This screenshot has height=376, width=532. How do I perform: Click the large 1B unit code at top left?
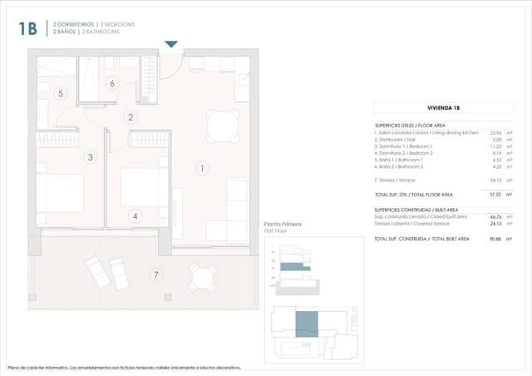coord(27,29)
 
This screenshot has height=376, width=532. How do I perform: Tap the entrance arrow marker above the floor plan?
coord(171,44)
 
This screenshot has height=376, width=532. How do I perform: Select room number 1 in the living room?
coord(200,168)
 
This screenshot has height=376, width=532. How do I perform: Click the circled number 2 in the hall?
coord(131,117)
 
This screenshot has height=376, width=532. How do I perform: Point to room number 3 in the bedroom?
coord(90,156)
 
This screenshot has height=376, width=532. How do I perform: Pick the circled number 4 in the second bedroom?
coord(135,216)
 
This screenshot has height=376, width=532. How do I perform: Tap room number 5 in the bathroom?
coord(61,93)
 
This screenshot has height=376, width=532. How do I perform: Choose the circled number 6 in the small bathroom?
coord(112,82)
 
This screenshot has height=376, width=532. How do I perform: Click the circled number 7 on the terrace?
coord(155,274)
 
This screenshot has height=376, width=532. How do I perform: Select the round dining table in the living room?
coord(221,126)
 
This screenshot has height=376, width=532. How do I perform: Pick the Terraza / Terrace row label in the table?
coord(395,180)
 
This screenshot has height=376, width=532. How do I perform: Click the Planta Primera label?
coord(282,225)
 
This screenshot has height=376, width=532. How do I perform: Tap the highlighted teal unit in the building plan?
coord(307,322)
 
